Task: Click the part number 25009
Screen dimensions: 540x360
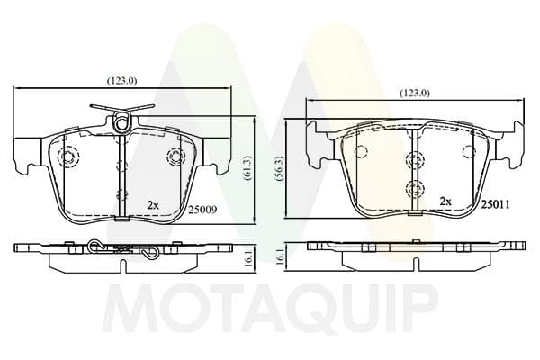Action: (202, 210)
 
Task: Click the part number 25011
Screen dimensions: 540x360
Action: (495, 205)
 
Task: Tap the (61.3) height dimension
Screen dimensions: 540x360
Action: (248, 170)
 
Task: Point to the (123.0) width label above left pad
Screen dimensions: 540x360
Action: (122, 81)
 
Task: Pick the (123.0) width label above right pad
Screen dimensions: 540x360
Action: (415, 93)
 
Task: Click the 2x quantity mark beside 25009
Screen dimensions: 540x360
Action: (153, 206)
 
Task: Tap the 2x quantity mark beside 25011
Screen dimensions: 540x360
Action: (445, 202)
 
